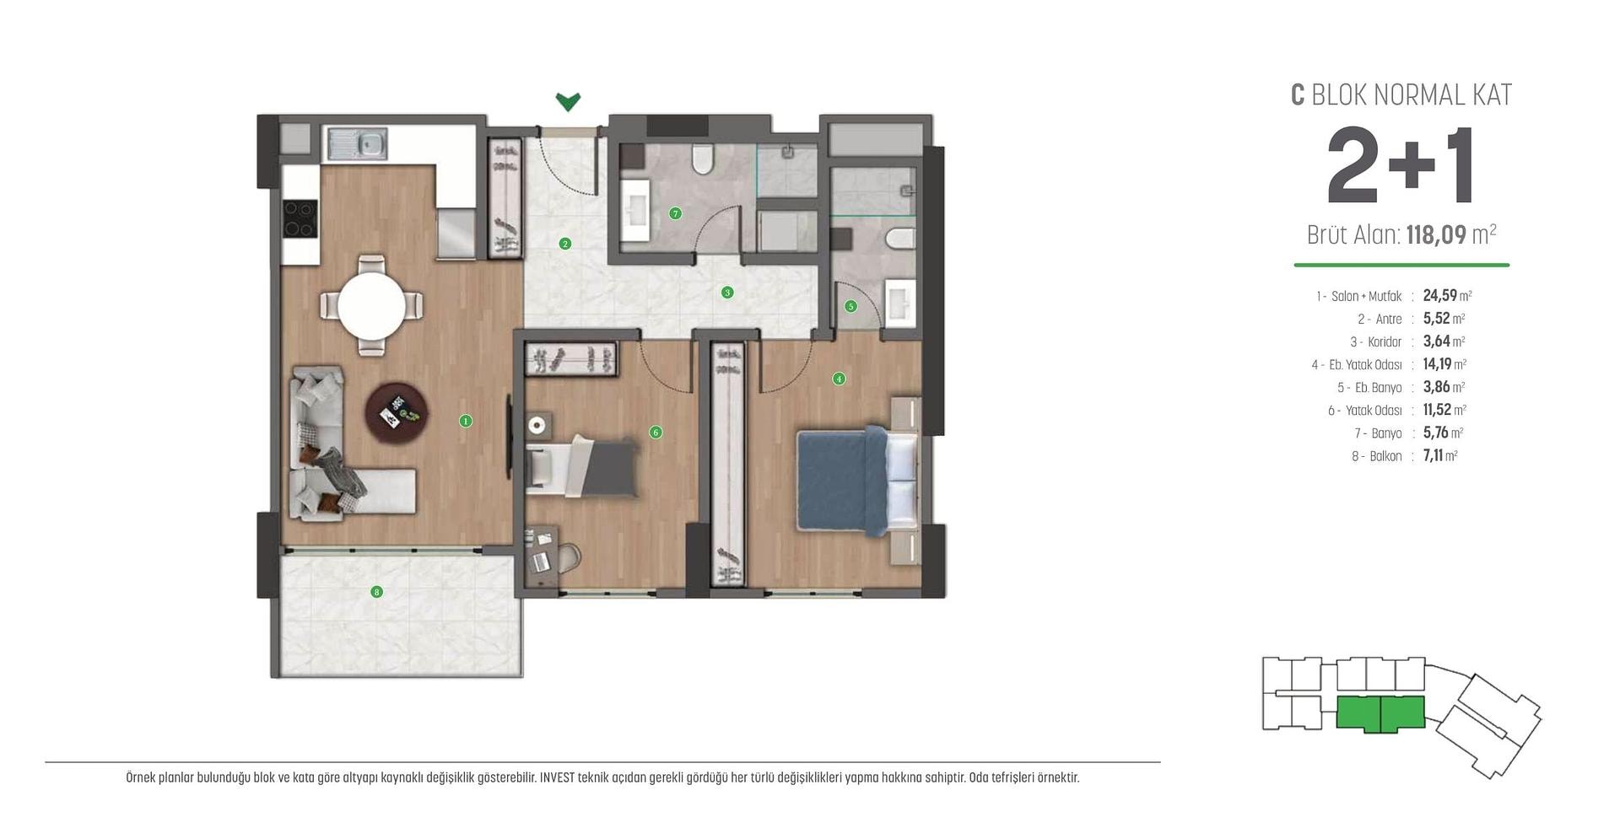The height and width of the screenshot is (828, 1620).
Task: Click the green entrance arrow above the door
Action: coord(568,102)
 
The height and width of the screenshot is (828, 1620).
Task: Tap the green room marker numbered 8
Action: coord(377,592)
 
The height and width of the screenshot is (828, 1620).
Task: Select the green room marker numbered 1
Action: coord(465,421)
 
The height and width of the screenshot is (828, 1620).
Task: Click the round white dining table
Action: coord(372,305)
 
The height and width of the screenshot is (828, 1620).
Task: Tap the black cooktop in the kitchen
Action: coord(300,218)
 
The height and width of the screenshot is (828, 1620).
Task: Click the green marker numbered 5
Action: coord(850,306)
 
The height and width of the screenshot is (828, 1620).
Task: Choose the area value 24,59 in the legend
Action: coord(1439,296)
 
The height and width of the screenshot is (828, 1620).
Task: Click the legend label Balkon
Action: coord(1386,456)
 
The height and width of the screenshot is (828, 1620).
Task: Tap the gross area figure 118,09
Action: coord(1436,234)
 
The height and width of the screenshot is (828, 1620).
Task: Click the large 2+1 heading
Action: coord(1401,167)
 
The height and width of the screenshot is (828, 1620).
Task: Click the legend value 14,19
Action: coord(1437,364)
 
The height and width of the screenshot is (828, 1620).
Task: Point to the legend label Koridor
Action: coord(1385,341)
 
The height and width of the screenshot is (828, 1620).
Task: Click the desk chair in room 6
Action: coord(568,557)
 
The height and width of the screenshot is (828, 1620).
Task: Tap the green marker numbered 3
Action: coord(727,293)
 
